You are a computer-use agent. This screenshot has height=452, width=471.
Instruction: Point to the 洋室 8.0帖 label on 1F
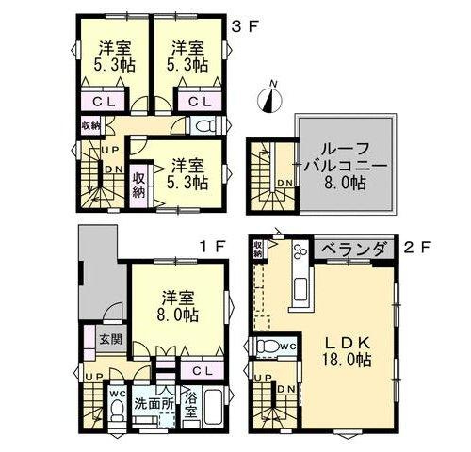point(177,302)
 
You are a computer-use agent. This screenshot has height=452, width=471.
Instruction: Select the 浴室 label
point(189,404)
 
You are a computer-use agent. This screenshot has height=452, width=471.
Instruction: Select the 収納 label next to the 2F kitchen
point(258,250)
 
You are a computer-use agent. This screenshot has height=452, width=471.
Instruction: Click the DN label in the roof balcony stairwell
point(284,183)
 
